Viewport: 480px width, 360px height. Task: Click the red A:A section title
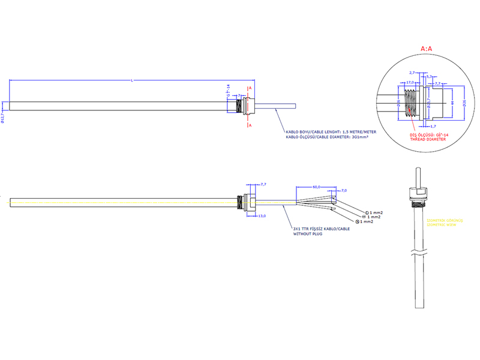pos(427,47)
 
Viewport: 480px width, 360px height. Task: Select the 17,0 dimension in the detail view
pos(411,82)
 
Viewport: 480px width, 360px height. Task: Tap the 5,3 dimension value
pos(430,77)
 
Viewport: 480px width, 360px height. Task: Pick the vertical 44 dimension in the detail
pos(451,103)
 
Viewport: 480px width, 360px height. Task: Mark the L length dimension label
pos(132,80)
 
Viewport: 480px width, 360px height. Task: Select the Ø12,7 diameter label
pos(4,115)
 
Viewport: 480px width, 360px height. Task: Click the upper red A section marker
pos(250,88)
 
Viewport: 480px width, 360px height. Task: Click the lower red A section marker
pos(250,125)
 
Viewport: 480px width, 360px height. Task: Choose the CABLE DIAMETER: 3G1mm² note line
pos(327,137)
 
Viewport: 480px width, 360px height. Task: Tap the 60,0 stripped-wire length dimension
pos(316,187)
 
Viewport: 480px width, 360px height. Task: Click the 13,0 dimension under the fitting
pos(262,215)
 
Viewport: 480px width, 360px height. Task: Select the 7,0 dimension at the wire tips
pos(344,190)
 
